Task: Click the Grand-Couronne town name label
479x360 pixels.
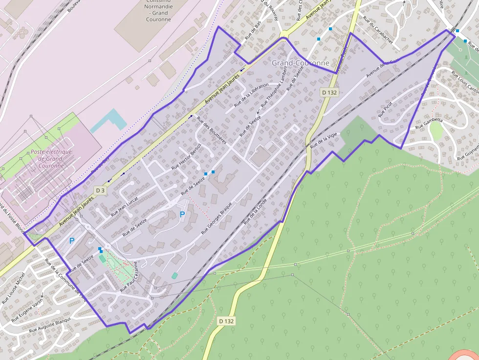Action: pyautogui.click(x=301, y=64)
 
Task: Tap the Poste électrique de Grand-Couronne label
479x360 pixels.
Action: pyautogui.click(x=51, y=158)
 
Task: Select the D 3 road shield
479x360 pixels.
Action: pyautogui.click(x=100, y=190)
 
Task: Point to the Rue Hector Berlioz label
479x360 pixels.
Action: pyautogui.click(x=187, y=157)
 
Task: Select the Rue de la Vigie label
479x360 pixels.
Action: pyautogui.click(x=325, y=140)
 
